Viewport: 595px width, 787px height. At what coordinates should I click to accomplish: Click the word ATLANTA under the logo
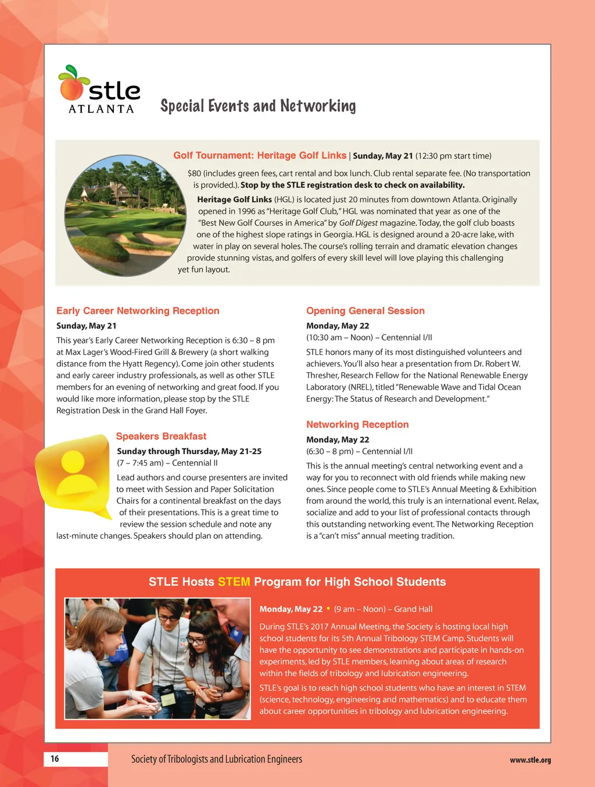pyautogui.click(x=101, y=109)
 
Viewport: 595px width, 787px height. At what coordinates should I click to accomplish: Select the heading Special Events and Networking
pyautogui.click(x=258, y=106)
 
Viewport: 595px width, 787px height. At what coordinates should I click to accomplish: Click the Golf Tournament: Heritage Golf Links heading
pyautogui.click(x=260, y=156)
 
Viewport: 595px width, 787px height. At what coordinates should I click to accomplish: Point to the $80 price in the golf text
pyautogui.click(x=194, y=173)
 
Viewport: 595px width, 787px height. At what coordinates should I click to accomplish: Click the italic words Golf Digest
pyautogui.click(x=358, y=223)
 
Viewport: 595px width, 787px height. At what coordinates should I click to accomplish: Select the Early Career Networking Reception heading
pyautogui.click(x=138, y=311)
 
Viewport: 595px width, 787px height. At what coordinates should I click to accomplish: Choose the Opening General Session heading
pyautogui.click(x=365, y=311)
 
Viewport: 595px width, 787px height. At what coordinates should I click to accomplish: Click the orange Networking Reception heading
pyautogui.click(x=357, y=425)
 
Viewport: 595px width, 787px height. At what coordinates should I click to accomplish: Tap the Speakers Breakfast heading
pyautogui.click(x=161, y=436)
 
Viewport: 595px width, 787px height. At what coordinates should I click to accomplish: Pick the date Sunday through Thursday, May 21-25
pyautogui.click(x=189, y=451)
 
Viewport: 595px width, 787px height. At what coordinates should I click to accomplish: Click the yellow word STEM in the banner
pyautogui.click(x=234, y=582)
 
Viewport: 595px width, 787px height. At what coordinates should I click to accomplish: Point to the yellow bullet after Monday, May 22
pyautogui.click(x=328, y=609)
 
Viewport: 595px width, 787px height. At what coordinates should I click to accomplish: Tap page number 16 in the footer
pyautogui.click(x=55, y=759)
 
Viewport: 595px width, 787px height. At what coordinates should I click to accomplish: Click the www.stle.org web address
pyautogui.click(x=530, y=760)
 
